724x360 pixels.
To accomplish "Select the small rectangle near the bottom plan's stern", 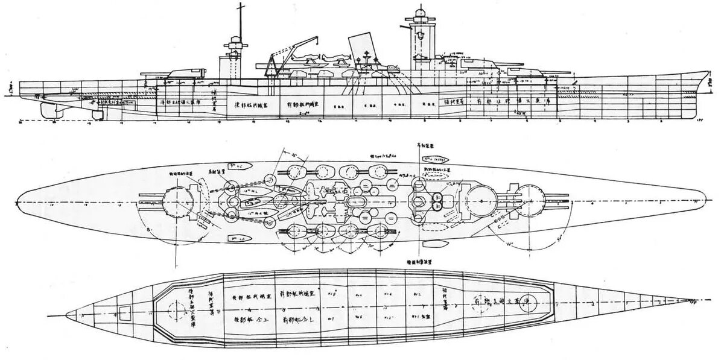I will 125,312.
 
